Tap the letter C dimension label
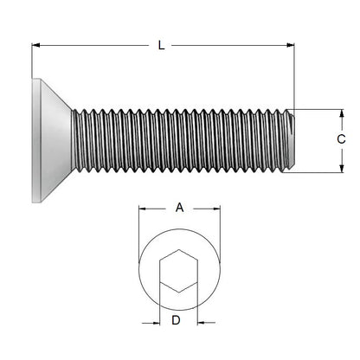[x=341, y=139]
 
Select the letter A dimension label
[x=179, y=208]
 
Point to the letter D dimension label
[x=176, y=321]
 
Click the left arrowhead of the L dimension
[x=36, y=45]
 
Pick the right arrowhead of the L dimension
[x=290, y=45]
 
